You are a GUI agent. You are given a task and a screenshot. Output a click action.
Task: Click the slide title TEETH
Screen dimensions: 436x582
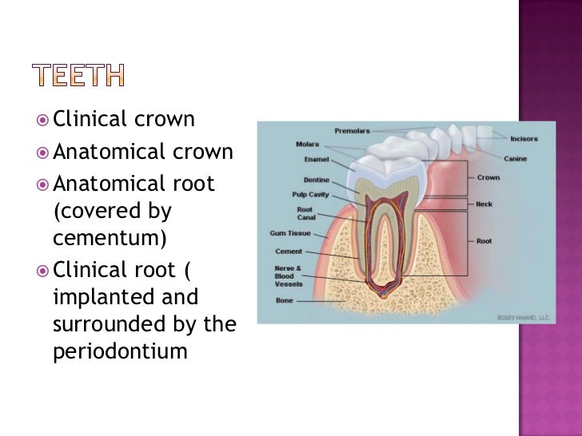click(79, 77)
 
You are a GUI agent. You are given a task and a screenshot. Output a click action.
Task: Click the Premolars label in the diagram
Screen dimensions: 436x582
click(352, 129)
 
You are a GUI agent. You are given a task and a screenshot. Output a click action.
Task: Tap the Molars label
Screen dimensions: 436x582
click(307, 145)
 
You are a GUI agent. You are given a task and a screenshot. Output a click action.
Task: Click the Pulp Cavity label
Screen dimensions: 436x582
click(308, 194)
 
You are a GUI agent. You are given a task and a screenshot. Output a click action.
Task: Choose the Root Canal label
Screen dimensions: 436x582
click(305, 212)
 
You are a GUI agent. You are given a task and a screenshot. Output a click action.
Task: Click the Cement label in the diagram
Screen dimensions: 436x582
click(289, 252)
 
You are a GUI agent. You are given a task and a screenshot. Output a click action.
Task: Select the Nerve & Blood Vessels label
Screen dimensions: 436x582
click(289, 276)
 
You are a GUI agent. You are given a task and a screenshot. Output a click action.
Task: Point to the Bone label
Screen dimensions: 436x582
click(285, 301)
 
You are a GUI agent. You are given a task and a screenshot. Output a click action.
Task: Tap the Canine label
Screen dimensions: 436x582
click(515, 158)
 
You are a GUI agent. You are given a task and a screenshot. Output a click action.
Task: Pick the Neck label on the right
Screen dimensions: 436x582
click(484, 204)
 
